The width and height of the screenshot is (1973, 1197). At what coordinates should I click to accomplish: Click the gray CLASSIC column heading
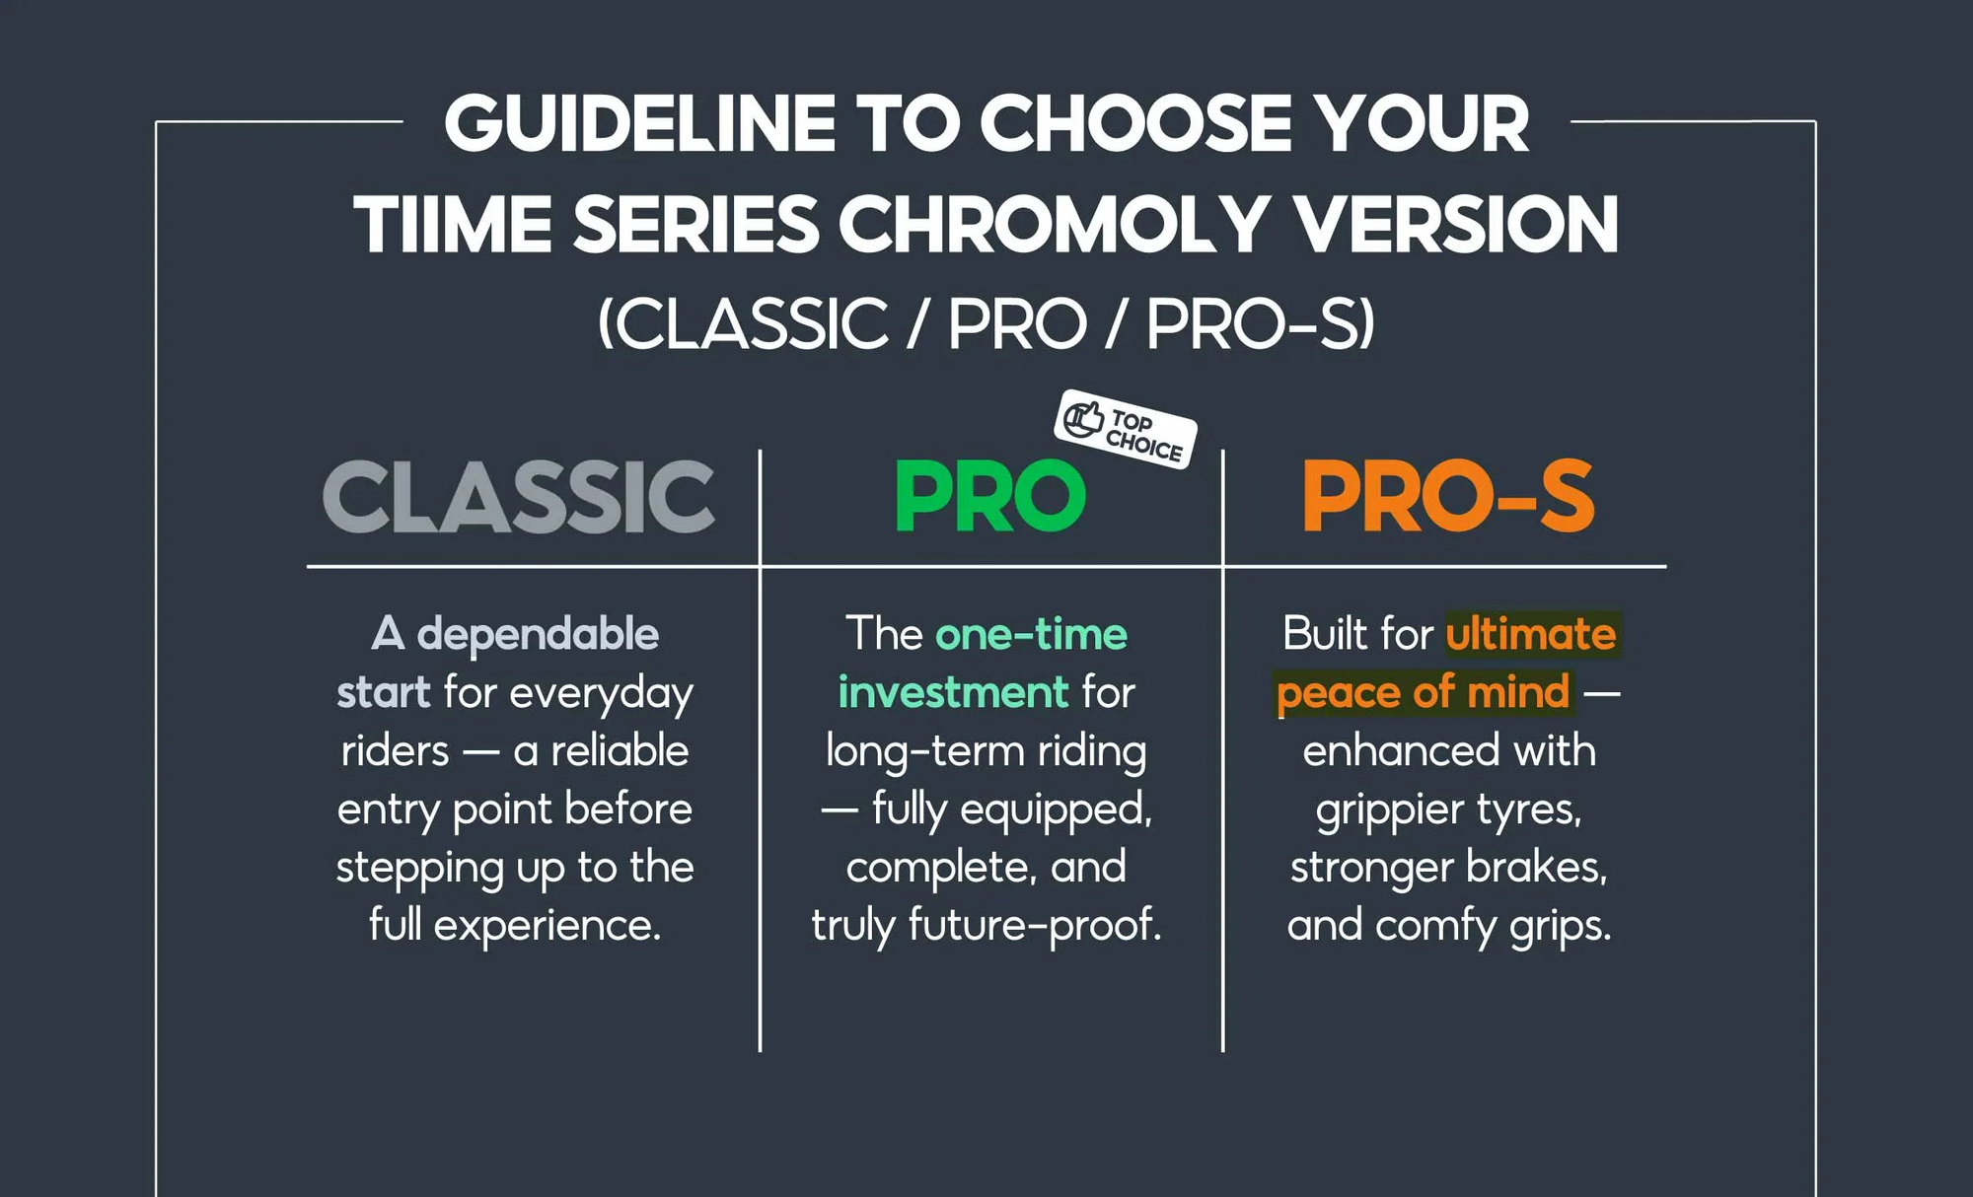coord(519,496)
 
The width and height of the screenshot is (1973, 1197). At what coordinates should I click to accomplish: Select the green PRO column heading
coord(989,496)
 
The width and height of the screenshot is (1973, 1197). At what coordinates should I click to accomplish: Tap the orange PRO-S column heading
coord(1448,496)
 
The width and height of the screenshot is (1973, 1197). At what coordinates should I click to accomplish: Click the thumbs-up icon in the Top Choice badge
coord(1083,418)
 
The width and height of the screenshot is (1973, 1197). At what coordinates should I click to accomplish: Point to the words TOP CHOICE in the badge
coord(1144,436)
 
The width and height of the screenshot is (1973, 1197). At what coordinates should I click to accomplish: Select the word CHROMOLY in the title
coord(1053,224)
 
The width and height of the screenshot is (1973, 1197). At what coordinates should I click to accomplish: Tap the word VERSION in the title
coord(1455,224)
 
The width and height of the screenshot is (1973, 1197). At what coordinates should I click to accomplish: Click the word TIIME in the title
coord(453,224)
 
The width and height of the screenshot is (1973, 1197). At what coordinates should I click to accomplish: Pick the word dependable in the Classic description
coord(538,634)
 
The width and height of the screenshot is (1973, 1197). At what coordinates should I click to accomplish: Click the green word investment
coord(953,692)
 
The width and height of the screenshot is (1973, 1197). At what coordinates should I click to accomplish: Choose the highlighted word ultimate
coord(1531,634)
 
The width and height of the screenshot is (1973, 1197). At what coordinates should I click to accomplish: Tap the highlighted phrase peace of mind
coord(1423,692)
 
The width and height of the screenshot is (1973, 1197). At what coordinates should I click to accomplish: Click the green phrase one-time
coord(1031,634)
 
